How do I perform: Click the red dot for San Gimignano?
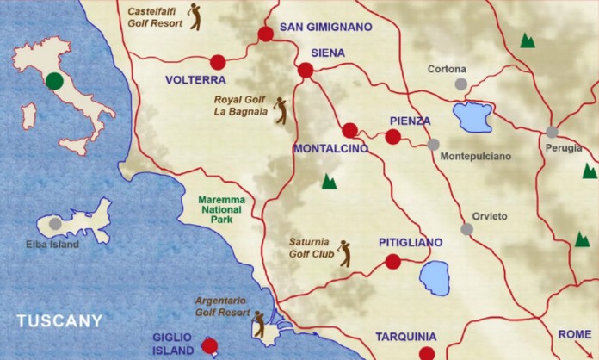(265, 34)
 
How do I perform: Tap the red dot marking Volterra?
(218, 62)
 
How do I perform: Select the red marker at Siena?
(306, 71)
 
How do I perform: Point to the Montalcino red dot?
(349, 131)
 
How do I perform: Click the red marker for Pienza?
(392, 137)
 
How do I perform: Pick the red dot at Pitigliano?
(392, 262)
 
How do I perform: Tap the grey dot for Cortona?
(461, 84)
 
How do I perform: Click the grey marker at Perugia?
(552, 132)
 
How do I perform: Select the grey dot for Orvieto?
(466, 229)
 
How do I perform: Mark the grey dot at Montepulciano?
(433, 145)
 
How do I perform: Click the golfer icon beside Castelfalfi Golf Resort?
(195, 16)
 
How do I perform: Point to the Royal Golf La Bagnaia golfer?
(280, 110)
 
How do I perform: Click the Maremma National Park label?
(221, 208)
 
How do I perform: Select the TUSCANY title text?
(59, 321)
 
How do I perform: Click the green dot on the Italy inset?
(54, 81)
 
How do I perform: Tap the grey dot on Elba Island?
(55, 223)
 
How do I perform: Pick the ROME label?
(575, 334)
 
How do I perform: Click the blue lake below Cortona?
(473, 116)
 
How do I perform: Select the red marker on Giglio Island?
(208, 346)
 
